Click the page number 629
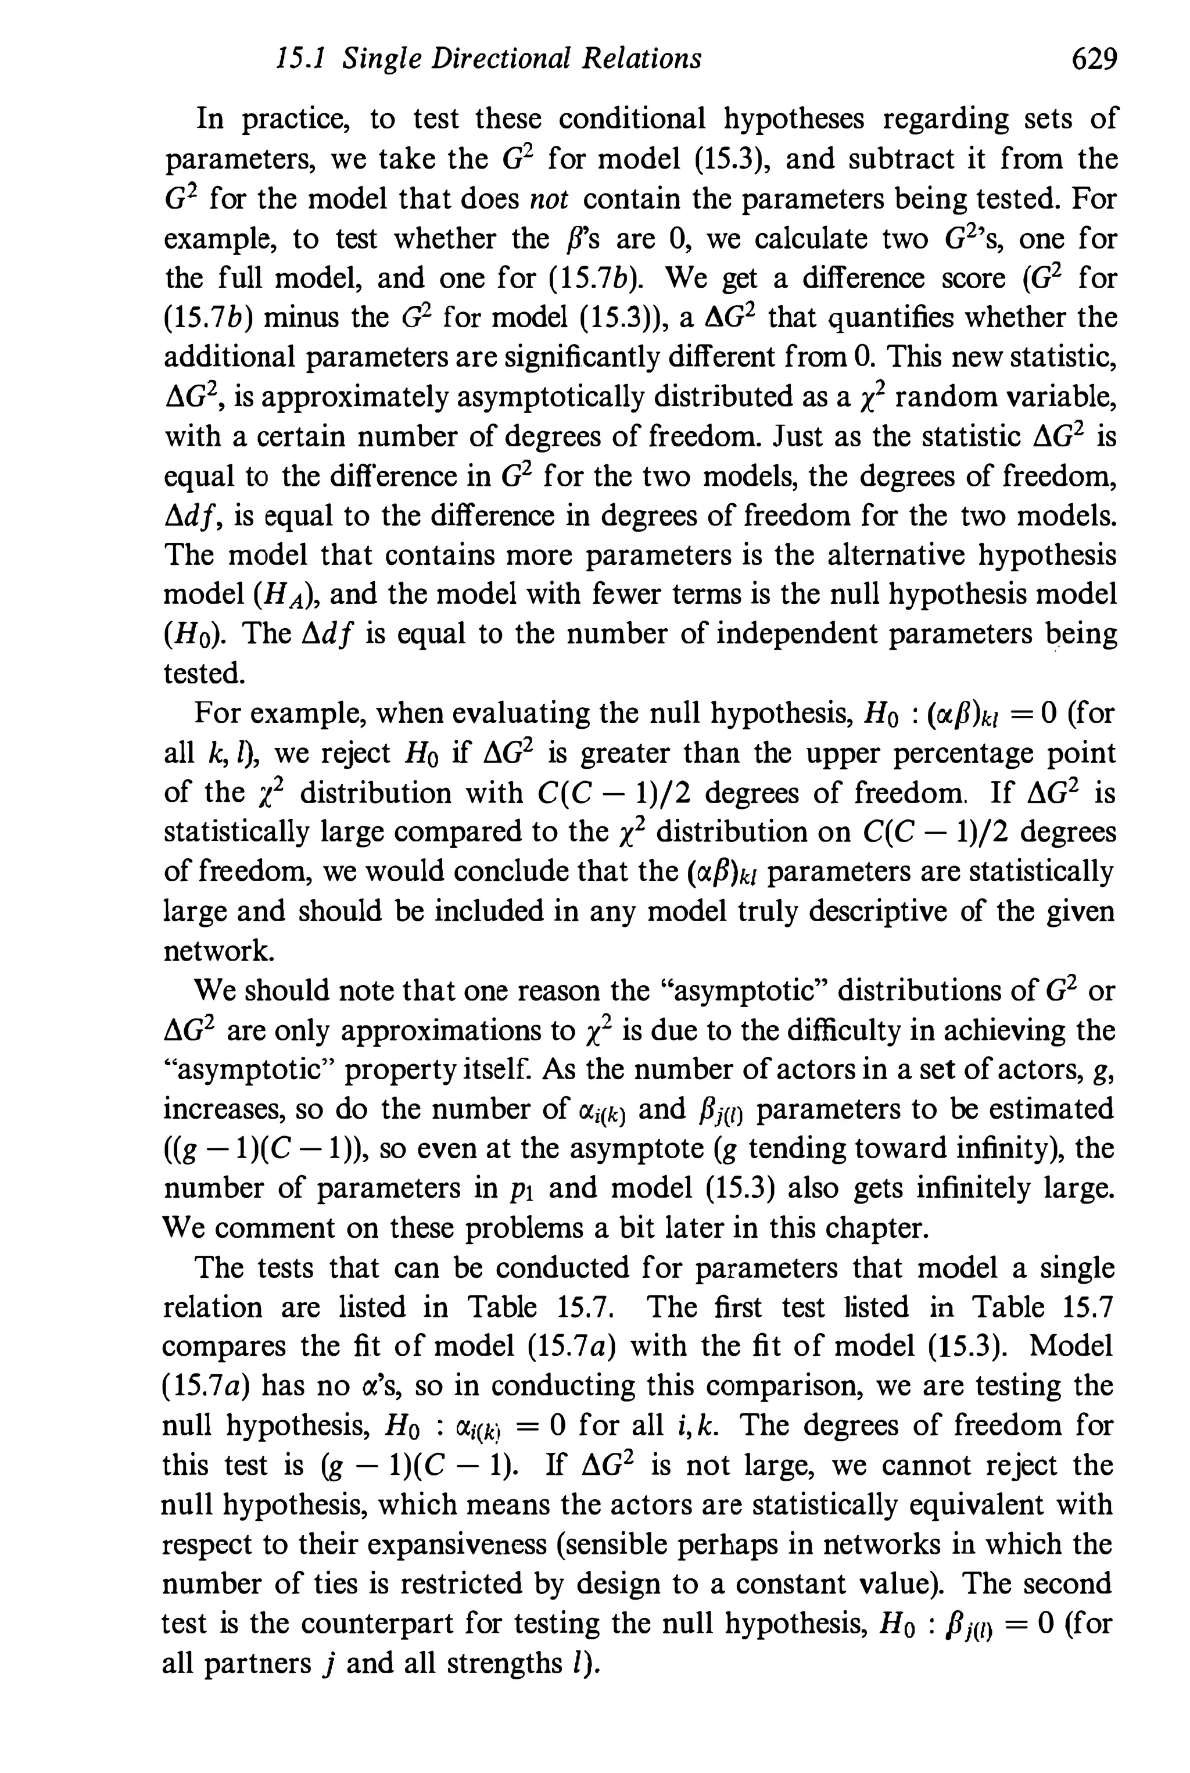click(1094, 59)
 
